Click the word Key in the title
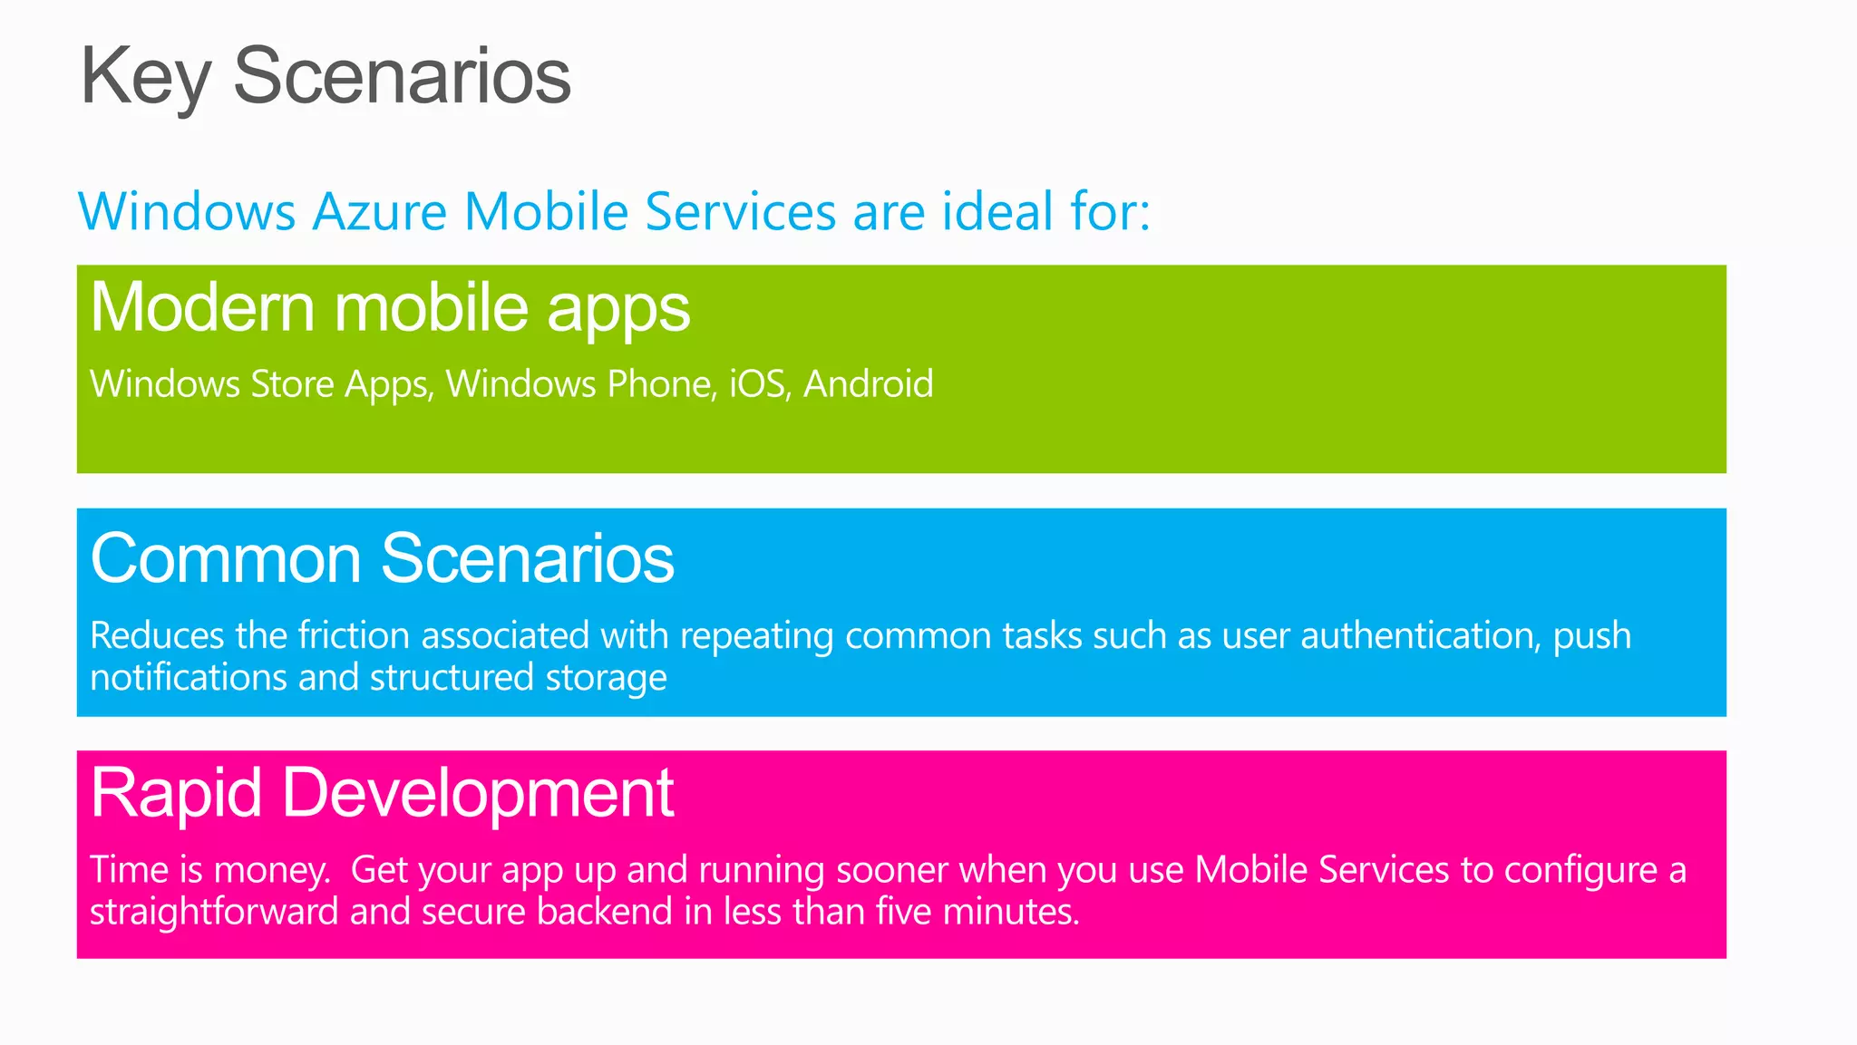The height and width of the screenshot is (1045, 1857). (x=145, y=78)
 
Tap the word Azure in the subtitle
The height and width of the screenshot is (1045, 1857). (x=380, y=212)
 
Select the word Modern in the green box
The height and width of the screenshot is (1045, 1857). (x=203, y=308)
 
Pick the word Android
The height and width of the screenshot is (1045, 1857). (x=868, y=384)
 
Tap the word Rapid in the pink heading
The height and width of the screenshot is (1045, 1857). (x=177, y=794)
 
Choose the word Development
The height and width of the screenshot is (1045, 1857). (x=478, y=794)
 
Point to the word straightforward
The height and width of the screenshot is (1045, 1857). (x=214, y=912)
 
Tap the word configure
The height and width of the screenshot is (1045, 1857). (x=1581, y=871)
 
